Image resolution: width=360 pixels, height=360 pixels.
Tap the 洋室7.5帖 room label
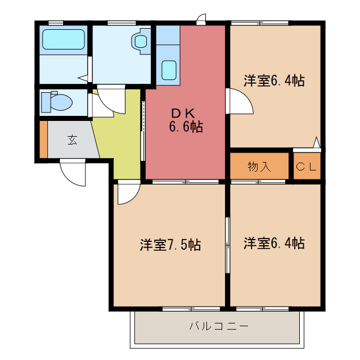[x=170, y=245]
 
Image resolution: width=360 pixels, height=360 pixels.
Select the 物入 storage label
[x=259, y=166]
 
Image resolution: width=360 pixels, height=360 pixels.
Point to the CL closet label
[x=307, y=166]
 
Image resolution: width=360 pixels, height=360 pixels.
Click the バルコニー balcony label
[x=219, y=326]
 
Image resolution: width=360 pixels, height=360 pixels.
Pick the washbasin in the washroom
[x=139, y=41]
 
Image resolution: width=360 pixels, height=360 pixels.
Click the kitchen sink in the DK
[x=168, y=70]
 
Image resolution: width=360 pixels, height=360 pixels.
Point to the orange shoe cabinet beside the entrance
[x=43, y=139]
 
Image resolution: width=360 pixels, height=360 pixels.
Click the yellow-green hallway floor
[x=121, y=135]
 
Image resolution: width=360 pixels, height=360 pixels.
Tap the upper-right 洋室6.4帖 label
[x=274, y=80]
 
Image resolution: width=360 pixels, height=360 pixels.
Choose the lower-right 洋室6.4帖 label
[x=274, y=243]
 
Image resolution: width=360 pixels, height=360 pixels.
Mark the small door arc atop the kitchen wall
[x=201, y=19]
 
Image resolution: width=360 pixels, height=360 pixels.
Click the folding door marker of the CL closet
[x=317, y=142]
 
